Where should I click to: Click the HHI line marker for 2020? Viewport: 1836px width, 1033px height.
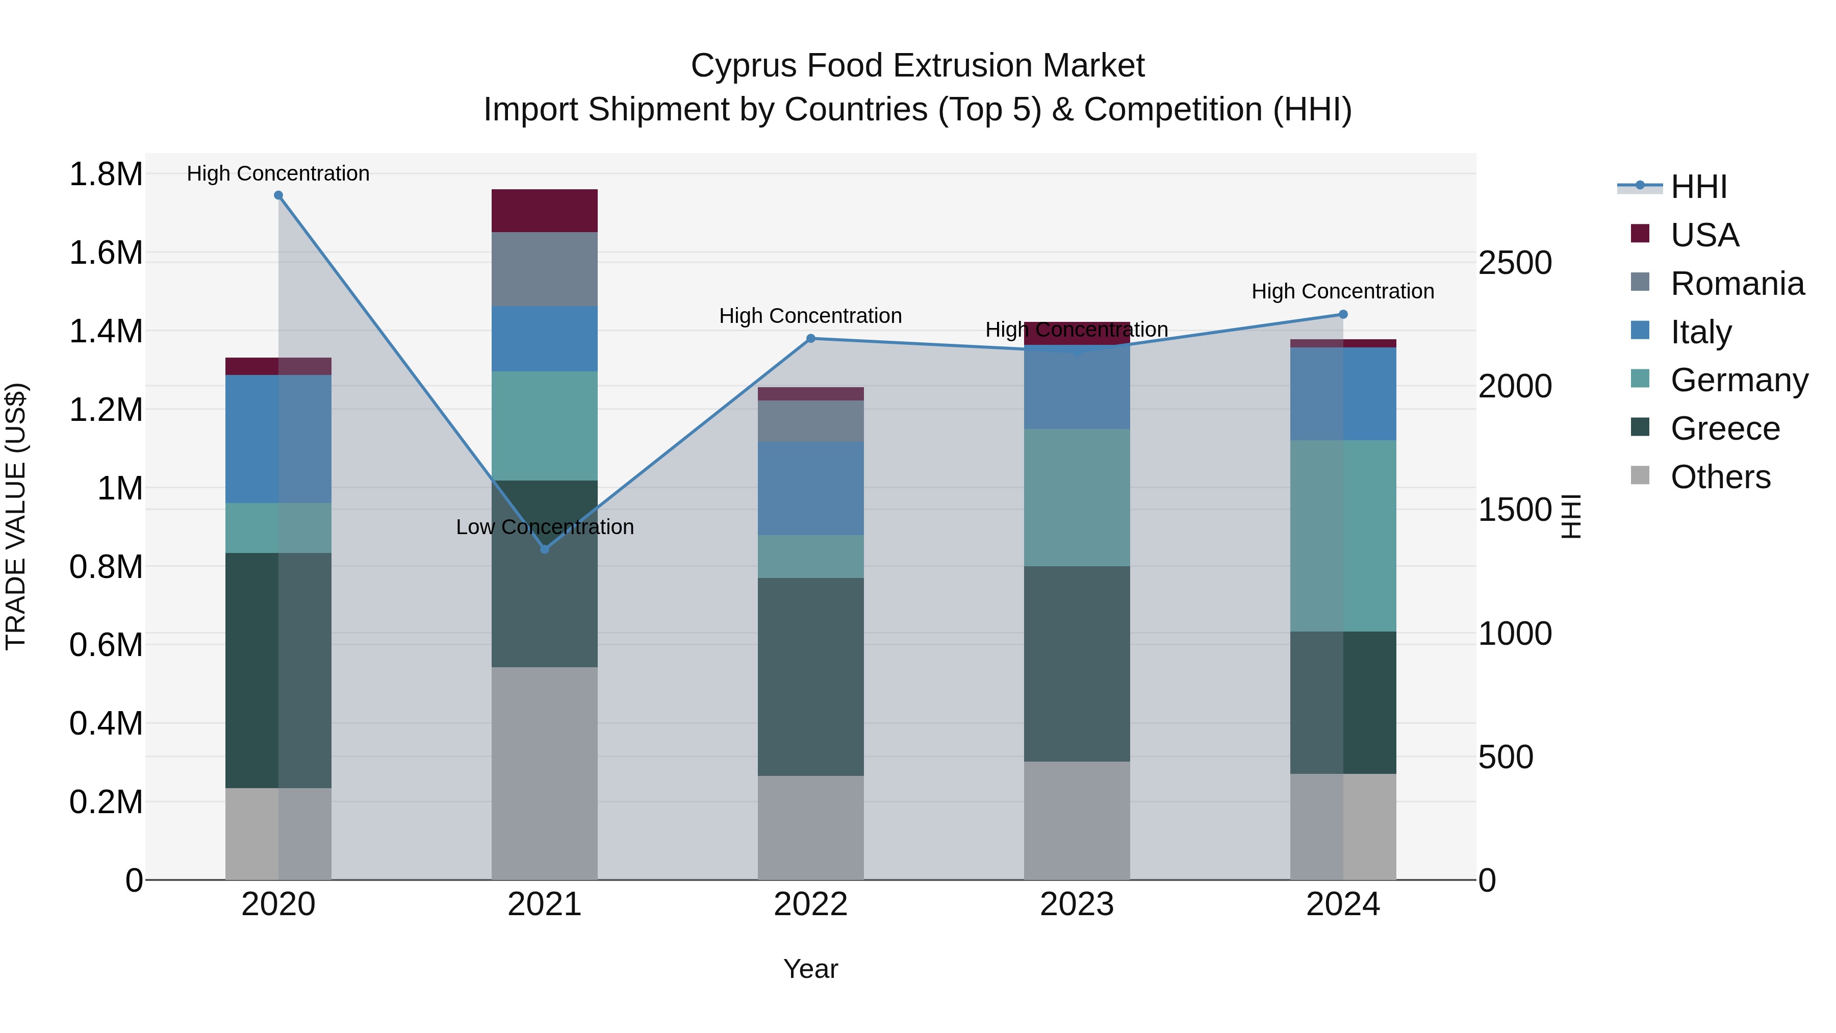coord(278,195)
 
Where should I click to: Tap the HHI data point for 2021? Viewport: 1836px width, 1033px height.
coord(545,549)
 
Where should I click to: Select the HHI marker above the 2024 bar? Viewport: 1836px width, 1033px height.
coord(1343,314)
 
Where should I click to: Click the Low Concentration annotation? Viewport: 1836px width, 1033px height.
coord(545,527)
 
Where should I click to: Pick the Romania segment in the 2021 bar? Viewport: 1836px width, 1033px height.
coord(545,269)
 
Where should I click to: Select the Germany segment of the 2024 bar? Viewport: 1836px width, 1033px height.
coord(1343,536)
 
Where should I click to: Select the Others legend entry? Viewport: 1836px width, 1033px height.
coord(1719,477)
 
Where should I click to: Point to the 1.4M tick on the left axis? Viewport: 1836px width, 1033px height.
coord(106,332)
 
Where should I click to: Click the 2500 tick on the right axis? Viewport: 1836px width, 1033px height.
coord(1515,263)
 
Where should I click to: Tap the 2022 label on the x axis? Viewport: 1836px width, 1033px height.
coord(810,904)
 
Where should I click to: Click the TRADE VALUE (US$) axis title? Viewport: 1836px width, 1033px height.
coord(16,516)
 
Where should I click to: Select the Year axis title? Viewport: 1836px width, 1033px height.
coord(810,969)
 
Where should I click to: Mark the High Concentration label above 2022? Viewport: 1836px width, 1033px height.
coord(810,316)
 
